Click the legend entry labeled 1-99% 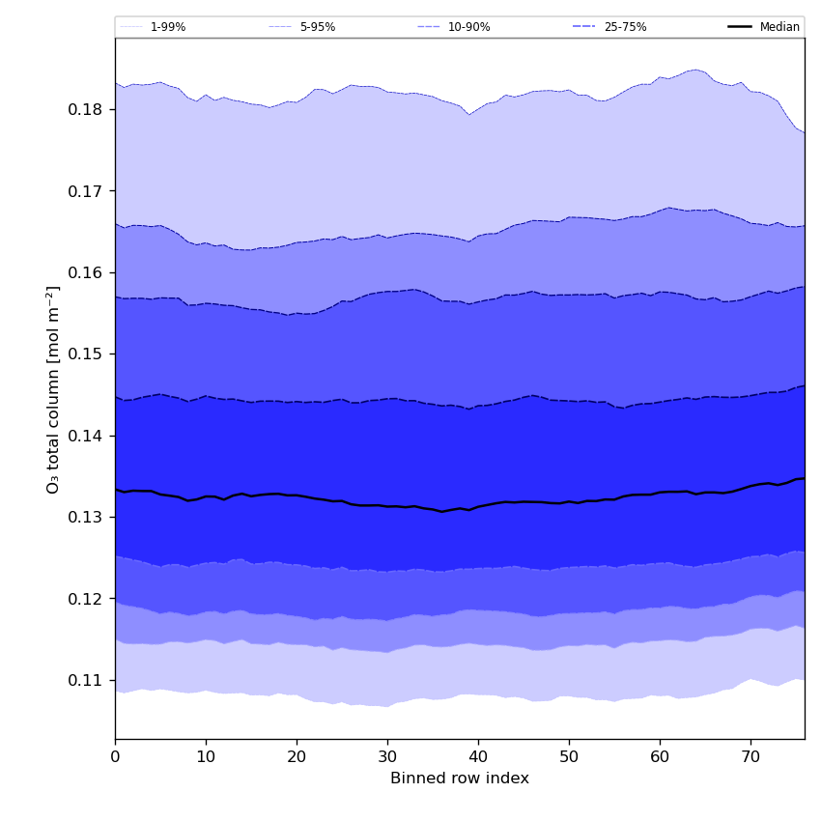tap(167, 27)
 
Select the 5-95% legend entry tap(317, 27)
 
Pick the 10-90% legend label tap(468, 27)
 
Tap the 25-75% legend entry tap(625, 27)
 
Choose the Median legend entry tap(779, 27)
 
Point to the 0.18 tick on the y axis tap(87, 109)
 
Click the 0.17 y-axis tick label tap(87, 191)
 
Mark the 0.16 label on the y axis tap(87, 272)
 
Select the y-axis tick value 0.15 tap(87, 354)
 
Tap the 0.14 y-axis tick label tap(87, 436)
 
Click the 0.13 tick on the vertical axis tap(87, 518)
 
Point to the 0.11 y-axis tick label tap(87, 681)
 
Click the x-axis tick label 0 tap(115, 757)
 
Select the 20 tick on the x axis tap(297, 757)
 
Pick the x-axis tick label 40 tap(478, 757)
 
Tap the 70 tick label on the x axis tap(750, 757)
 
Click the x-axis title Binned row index tap(460, 779)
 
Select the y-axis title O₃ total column tap(54, 388)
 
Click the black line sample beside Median tap(740, 27)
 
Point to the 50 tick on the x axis tap(569, 757)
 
